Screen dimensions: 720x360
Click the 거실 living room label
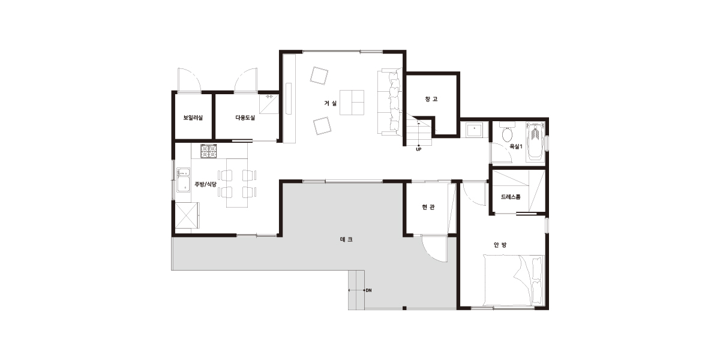pyautogui.click(x=330, y=103)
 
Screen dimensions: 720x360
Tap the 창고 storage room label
pyautogui.click(x=431, y=99)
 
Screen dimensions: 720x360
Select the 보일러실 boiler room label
pyautogui.click(x=193, y=118)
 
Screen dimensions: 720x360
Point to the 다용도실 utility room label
pyautogui.click(x=245, y=118)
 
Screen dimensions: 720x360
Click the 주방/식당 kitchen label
pyautogui.click(x=205, y=184)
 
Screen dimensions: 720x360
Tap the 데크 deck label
pyautogui.click(x=346, y=239)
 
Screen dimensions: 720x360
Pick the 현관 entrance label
pyautogui.click(x=428, y=207)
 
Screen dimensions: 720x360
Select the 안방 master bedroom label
pyautogui.click(x=500, y=245)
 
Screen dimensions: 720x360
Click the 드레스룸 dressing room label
pyautogui.click(x=511, y=197)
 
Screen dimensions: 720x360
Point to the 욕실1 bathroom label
pyautogui.click(x=516, y=146)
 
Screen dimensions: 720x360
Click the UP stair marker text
pyautogui.click(x=419, y=149)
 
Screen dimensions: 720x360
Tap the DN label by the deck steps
pyautogui.click(x=368, y=290)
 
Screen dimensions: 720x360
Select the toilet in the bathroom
pyautogui.click(x=507, y=133)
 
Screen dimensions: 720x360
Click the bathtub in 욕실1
pyautogui.click(x=535, y=142)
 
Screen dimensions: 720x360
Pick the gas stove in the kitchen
pyautogui.click(x=209, y=151)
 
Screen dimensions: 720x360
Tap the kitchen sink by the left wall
pyautogui.click(x=183, y=180)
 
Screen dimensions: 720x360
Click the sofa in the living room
pyautogui.click(x=389, y=102)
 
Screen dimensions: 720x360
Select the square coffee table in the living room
pyautogui.click(x=352, y=103)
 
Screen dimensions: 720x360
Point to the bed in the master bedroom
pyautogui.click(x=514, y=280)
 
